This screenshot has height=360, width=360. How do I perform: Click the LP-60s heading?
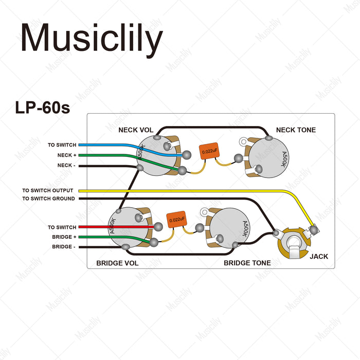(42, 108)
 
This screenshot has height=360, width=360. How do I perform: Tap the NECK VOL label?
(136, 130)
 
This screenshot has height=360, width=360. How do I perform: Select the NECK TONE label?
(296, 130)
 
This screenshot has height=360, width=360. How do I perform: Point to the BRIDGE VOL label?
(117, 263)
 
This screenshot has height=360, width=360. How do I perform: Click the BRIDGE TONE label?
(247, 263)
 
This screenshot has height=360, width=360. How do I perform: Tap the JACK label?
(319, 256)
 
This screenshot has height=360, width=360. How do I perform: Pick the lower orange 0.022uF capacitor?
(176, 220)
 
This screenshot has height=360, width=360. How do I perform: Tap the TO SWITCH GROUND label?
(48, 199)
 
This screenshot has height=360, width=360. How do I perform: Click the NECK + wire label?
(67, 155)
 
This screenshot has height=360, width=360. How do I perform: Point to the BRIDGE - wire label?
(64, 247)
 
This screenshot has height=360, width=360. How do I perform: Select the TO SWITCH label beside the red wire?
(62, 227)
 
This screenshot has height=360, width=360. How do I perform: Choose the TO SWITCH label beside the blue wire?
(62, 145)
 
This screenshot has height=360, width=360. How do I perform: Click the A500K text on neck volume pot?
(140, 152)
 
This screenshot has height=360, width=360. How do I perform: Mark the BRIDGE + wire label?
(64, 237)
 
